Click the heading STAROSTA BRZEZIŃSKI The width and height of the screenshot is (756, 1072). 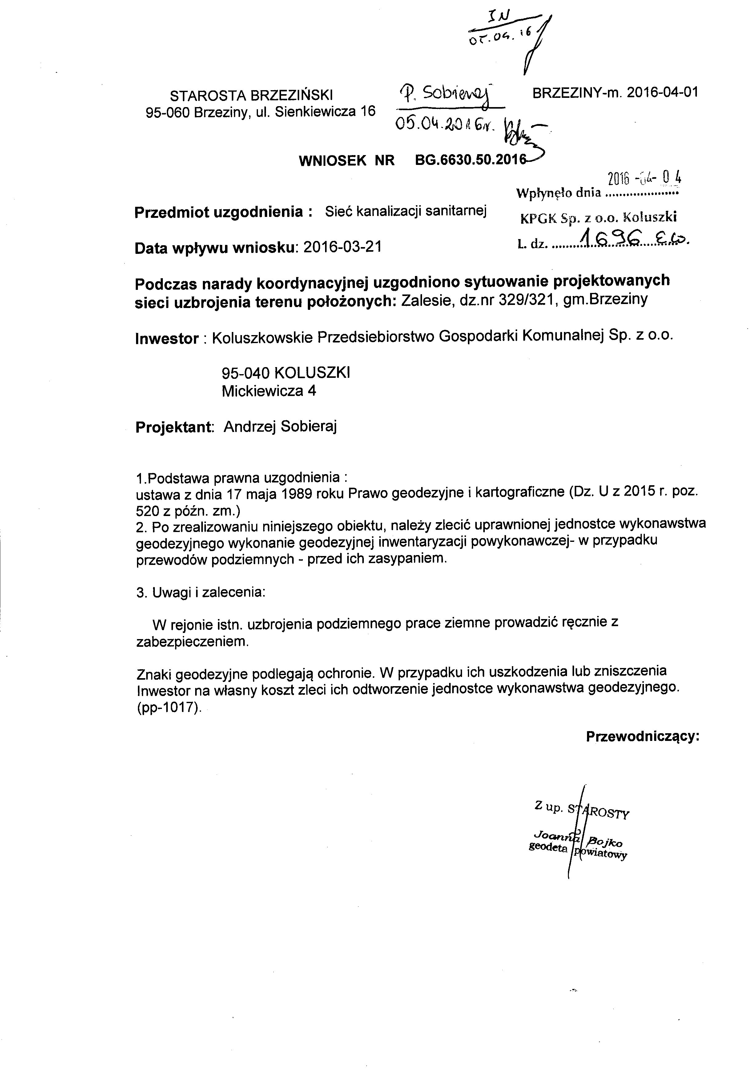click(251, 95)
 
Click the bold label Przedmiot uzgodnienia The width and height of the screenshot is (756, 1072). click(223, 212)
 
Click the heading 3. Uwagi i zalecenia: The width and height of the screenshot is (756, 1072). click(201, 593)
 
